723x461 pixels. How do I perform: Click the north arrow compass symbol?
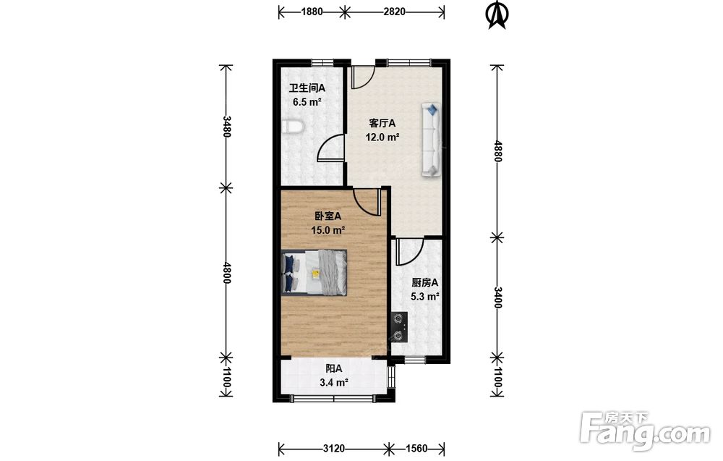497,15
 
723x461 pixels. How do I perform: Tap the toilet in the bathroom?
291,127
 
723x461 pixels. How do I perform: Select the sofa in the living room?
431,140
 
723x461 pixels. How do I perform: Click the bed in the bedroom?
314,272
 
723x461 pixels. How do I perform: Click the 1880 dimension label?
312,12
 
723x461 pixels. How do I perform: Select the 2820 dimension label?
394,12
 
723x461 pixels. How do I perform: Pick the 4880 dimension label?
497,151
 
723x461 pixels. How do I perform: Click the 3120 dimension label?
334,448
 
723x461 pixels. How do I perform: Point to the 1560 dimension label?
416,448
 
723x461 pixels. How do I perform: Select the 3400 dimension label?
497,297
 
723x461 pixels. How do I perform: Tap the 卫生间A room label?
307,88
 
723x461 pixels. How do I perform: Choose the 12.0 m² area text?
382,137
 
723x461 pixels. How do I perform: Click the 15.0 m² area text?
328,230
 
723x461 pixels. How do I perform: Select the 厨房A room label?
424,282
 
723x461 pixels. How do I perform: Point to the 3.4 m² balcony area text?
334,383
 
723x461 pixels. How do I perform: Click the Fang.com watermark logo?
645,431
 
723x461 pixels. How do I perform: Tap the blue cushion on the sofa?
432,110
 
